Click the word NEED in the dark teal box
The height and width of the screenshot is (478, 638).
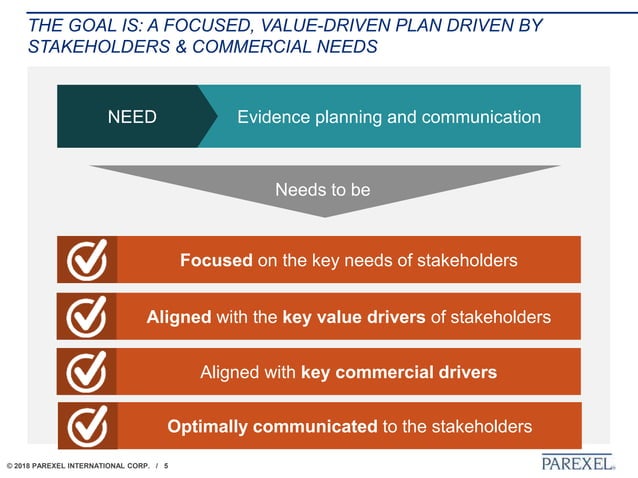[x=132, y=117]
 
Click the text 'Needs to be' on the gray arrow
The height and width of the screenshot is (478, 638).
[x=322, y=190]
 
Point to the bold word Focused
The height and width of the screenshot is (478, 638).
[x=216, y=261]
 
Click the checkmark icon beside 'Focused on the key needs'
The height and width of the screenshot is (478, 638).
[x=87, y=261]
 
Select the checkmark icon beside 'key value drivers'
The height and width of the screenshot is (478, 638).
[x=87, y=317]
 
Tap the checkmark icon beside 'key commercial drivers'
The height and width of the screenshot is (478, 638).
[x=87, y=372]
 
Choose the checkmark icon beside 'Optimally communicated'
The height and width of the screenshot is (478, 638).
[x=87, y=427]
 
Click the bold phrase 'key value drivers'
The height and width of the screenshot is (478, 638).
[x=354, y=317]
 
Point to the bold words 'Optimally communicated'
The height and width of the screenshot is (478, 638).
[x=272, y=427]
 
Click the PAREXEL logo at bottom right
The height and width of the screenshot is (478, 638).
[x=577, y=462]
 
